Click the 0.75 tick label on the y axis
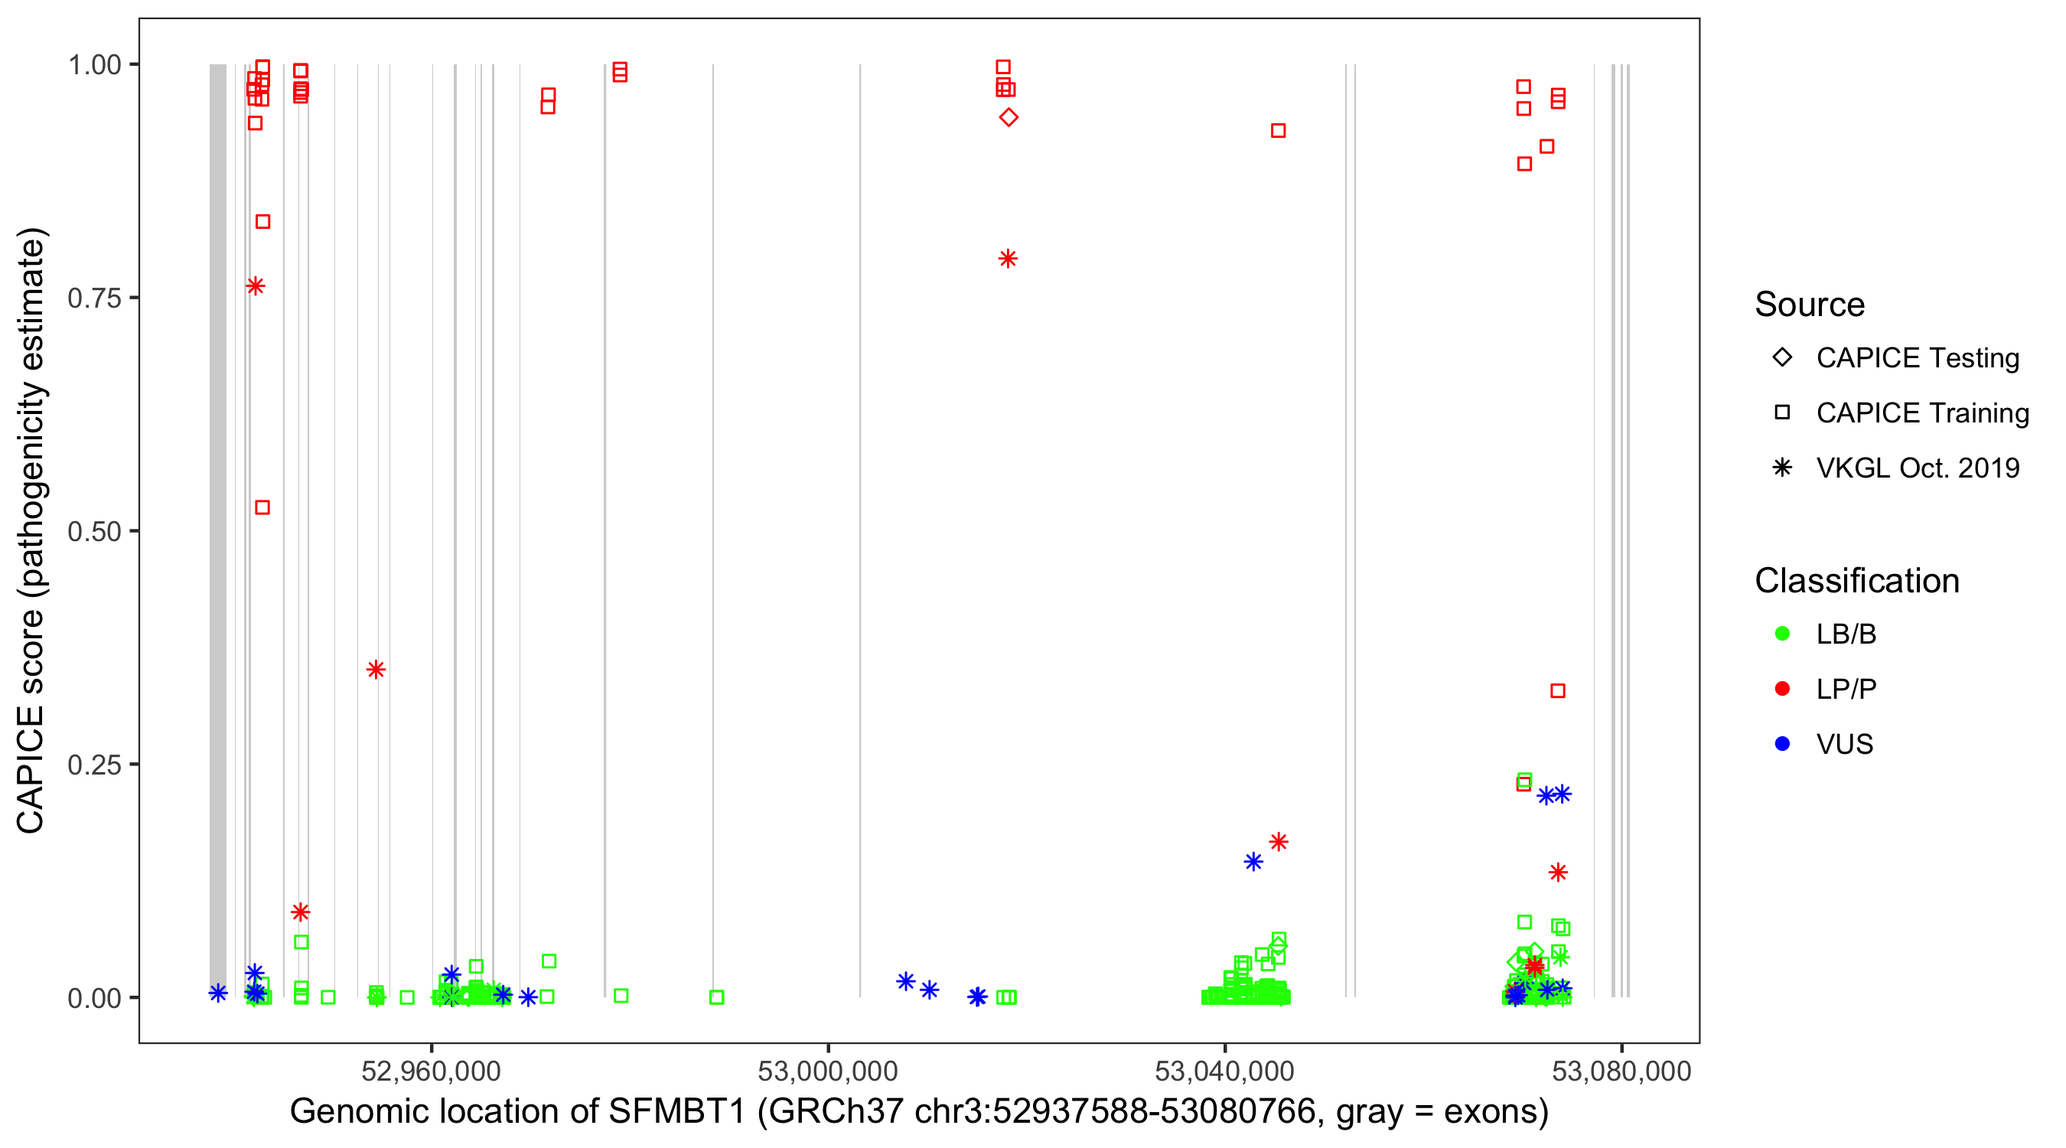(x=93, y=298)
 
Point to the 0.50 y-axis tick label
(x=93, y=532)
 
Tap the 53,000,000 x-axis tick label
(x=828, y=1071)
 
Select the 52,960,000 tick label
(x=431, y=1071)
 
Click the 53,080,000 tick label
(x=1621, y=1071)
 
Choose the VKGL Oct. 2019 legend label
(x=1918, y=468)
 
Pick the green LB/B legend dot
(x=1782, y=634)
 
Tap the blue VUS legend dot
(x=1782, y=745)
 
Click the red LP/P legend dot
(x=1782, y=689)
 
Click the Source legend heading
(x=1810, y=305)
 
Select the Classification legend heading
(x=1856, y=581)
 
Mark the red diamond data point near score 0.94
(x=1009, y=118)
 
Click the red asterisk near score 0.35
(x=376, y=670)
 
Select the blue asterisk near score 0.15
(x=1253, y=863)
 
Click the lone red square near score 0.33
(x=1557, y=692)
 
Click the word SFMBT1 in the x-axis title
(x=677, y=1112)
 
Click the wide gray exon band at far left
(x=217, y=530)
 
